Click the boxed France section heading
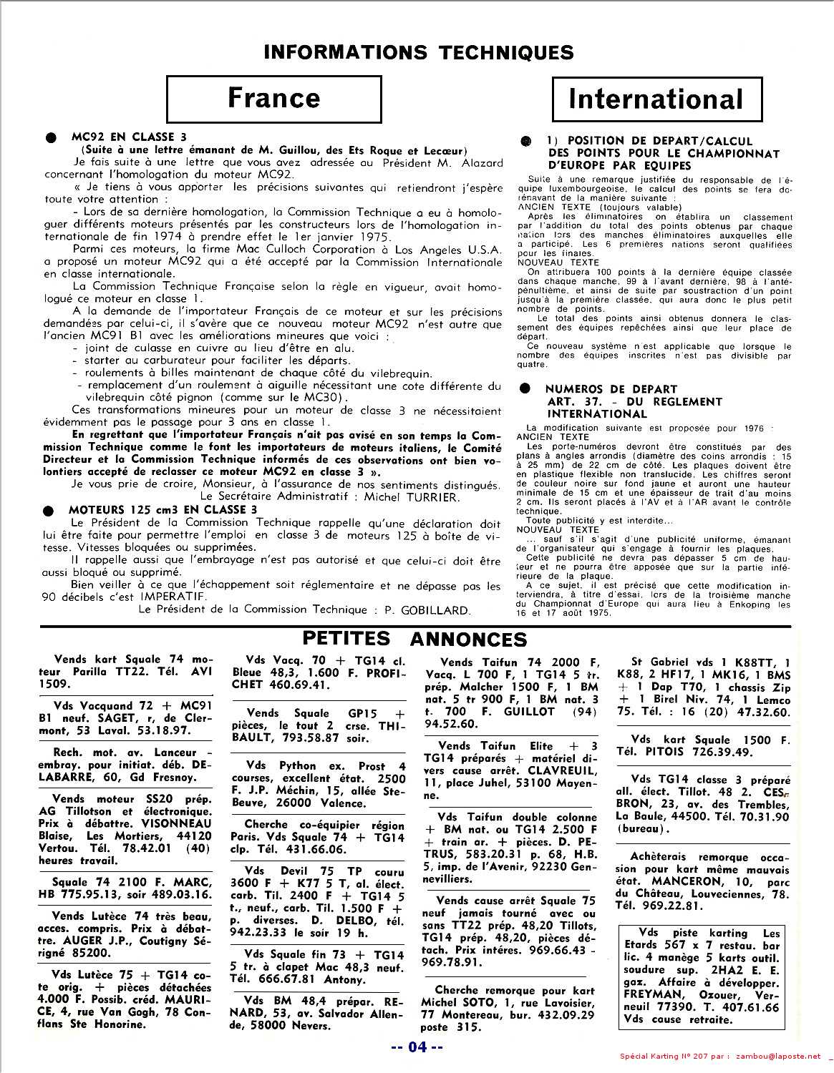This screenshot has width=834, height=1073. (274, 98)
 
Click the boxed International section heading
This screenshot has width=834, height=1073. (656, 99)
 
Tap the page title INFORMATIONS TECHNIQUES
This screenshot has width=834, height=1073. (419, 52)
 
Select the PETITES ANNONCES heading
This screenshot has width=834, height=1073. (415, 638)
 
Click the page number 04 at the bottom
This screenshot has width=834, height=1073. (417, 1047)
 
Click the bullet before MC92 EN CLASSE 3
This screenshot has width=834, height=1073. (49, 137)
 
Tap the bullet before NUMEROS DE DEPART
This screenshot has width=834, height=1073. (526, 388)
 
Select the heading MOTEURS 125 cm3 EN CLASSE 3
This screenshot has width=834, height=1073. (163, 509)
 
